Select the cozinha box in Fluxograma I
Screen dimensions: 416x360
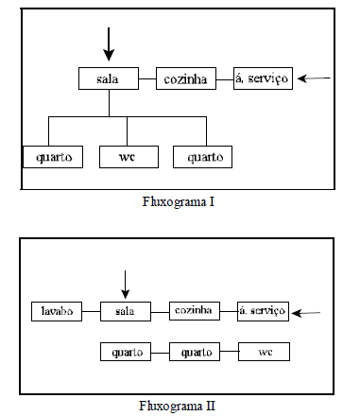point(184,78)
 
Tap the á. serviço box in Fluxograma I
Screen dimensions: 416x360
point(264,78)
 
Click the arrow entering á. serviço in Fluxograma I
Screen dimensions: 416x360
point(313,78)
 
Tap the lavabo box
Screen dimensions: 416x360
point(54,310)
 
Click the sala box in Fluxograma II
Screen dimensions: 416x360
point(125,310)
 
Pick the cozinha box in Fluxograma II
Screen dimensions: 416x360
point(195,310)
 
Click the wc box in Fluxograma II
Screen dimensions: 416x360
point(264,353)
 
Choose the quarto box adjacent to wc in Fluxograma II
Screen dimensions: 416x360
point(195,353)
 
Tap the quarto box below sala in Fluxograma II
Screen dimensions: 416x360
point(125,353)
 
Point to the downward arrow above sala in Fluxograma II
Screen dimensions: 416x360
point(125,281)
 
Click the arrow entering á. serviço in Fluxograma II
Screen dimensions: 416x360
point(309,311)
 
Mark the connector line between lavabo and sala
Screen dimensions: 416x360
point(89,310)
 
